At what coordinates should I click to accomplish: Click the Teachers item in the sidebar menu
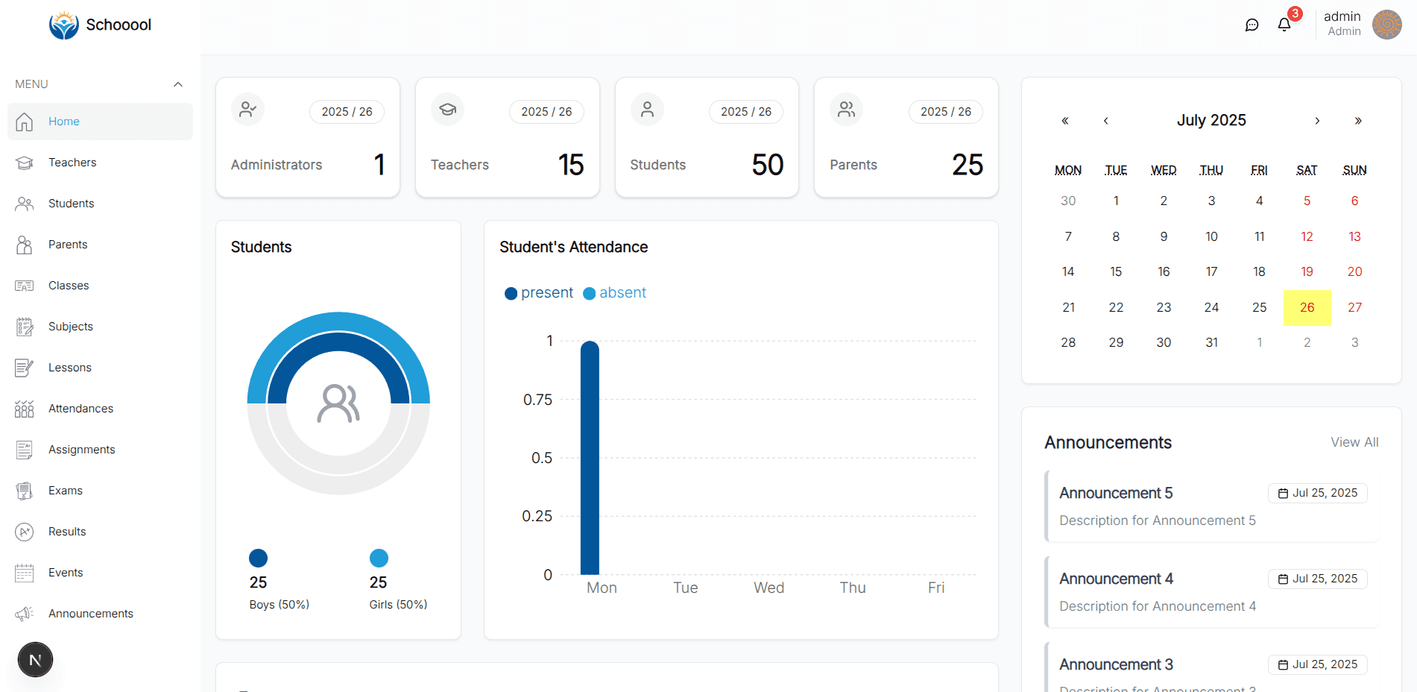(x=72, y=163)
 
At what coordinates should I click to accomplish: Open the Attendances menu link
(x=81, y=409)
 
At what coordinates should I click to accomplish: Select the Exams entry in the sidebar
(x=65, y=491)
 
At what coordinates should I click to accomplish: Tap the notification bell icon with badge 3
(x=1284, y=25)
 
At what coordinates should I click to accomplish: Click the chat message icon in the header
(x=1252, y=25)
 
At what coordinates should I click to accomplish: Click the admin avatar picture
(x=1386, y=25)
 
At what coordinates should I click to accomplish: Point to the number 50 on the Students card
(x=767, y=165)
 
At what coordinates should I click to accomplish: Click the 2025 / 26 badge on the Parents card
(x=945, y=112)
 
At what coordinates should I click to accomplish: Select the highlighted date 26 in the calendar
(x=1307, y=307)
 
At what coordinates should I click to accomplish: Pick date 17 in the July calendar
(x=1211, y=272)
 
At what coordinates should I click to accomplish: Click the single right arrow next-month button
(x=1317, y=121)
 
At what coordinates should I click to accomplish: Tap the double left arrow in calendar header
(x=1065, y=121)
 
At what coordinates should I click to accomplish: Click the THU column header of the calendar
(x=1211, y=171)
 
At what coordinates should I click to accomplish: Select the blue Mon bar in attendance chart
(x=590, y=459)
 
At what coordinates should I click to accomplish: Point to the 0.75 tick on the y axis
(x=537, y=400)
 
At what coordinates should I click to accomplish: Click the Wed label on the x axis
(x=769, y=588)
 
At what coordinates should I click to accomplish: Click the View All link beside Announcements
(x=1354, y=442)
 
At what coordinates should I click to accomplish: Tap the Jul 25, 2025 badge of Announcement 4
(x=1317, y=579)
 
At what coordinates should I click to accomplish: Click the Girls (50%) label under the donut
(x=398, y=605)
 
